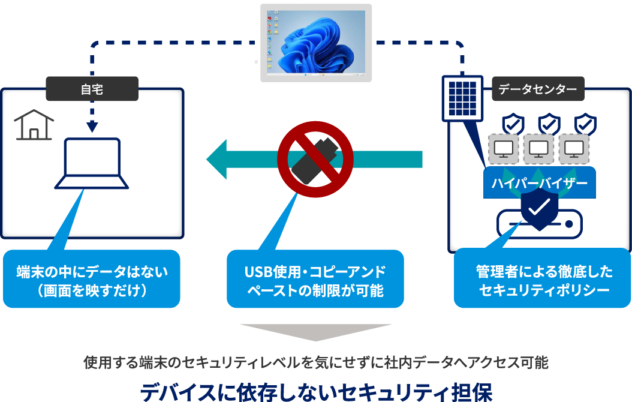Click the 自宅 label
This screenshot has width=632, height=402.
tap(92, 90)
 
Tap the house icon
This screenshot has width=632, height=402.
tap(34, 125)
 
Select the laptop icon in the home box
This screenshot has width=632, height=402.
tap(92, 164)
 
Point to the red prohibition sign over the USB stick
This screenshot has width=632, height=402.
tap(315, 158)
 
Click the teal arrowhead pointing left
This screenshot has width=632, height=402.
tap(217, 160)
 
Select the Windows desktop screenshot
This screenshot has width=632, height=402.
tap(314, 44)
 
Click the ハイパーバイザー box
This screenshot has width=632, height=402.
tap(539, 184)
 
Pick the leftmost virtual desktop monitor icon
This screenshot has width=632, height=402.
tap(504, 149)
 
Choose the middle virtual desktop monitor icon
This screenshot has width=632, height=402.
tap(538, 149)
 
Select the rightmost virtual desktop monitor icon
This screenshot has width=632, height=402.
tap(574, 149)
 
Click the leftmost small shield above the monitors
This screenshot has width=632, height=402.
tap(512, 124)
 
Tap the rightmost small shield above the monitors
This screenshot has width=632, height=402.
tap(585, 124)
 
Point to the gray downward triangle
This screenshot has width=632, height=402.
tap(315, 333)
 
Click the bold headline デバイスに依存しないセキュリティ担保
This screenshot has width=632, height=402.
tap(316, 391)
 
